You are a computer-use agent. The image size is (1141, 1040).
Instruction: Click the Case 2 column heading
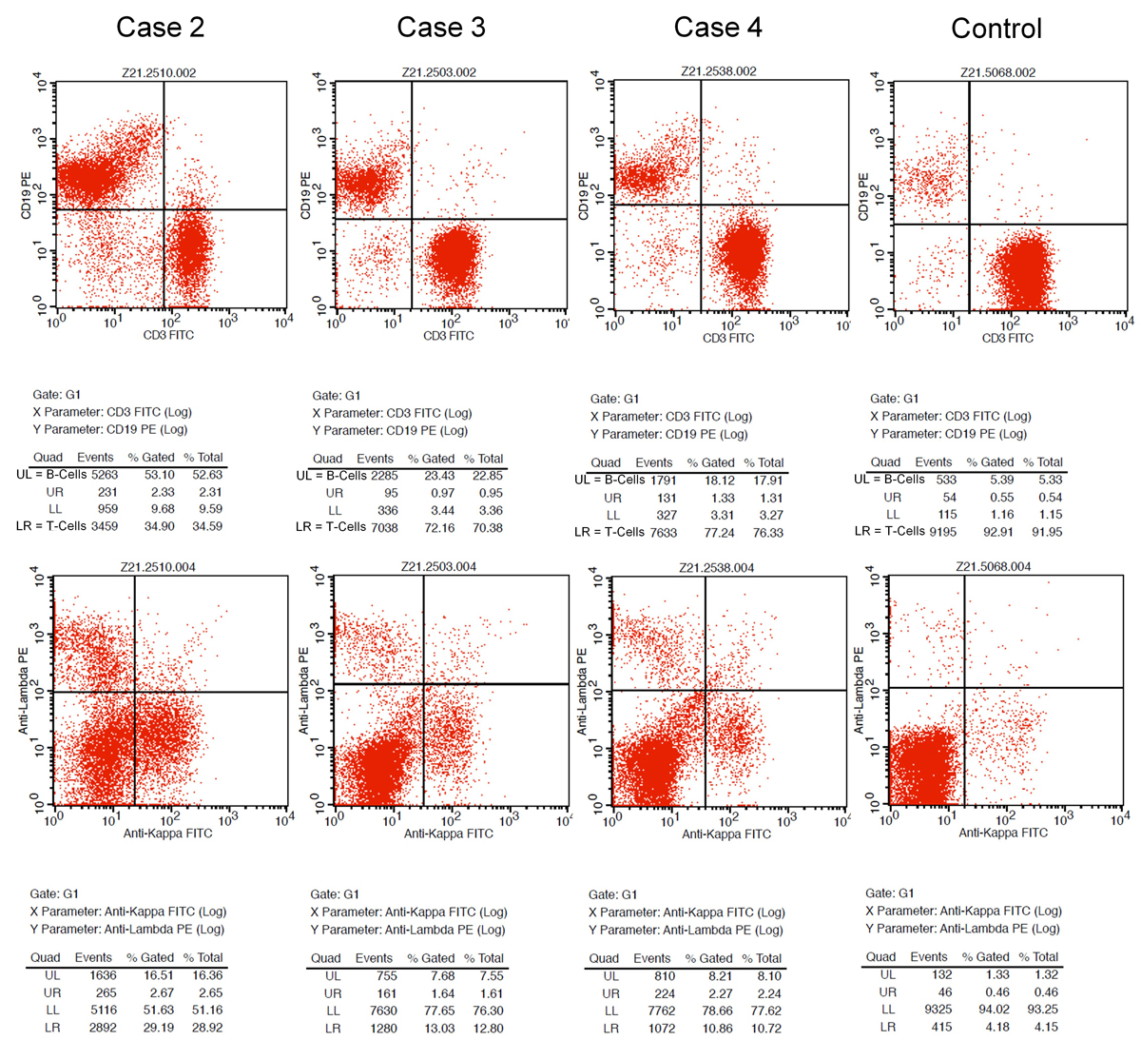[x=160, y=28]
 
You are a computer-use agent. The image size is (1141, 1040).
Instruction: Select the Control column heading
[x=996, y=29]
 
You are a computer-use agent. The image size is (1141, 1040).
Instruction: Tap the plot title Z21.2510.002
[x=159, y=72]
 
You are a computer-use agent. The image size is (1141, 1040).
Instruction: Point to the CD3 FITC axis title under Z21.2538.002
[x=727, y=339]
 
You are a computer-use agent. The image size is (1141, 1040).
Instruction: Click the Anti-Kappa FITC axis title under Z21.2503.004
[x=448, y=834]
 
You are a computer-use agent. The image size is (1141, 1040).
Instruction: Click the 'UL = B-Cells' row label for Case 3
[x=331, y=476]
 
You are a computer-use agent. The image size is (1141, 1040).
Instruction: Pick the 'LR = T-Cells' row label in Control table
[x=890, y=532]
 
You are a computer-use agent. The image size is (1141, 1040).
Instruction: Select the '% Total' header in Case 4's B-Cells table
[x=764, y=462]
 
